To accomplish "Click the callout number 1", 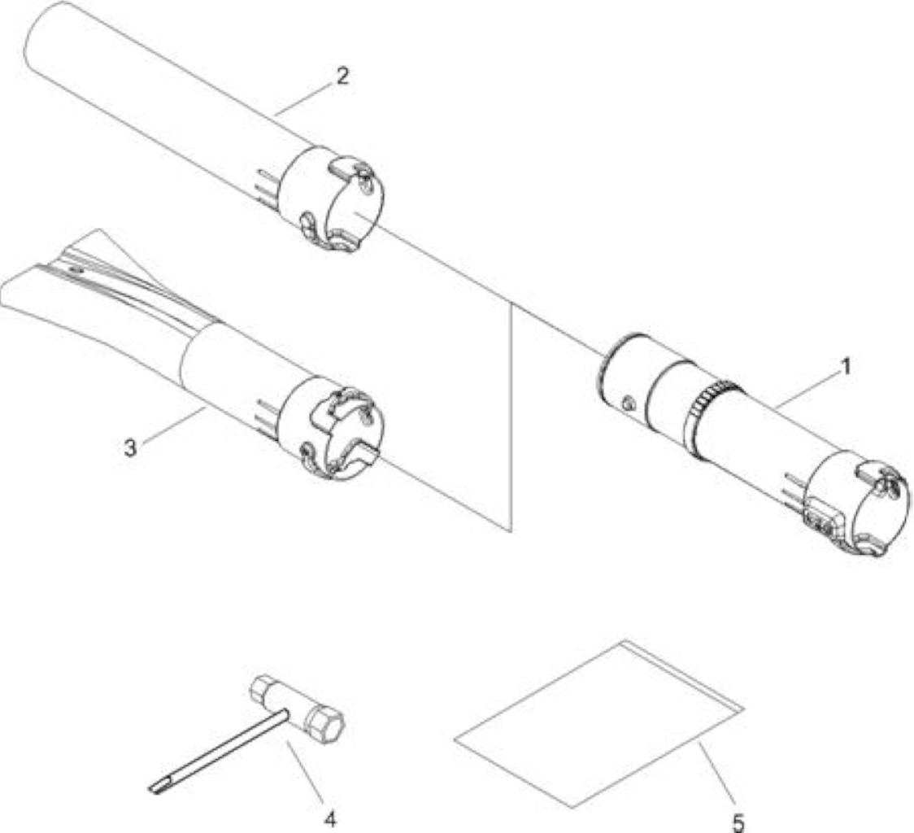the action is (x=846, y=367).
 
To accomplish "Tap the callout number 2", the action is (x=342, y=76).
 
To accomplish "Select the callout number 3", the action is (x=131, y=447).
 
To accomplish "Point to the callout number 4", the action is (x=330, y=819).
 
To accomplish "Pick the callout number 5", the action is (x=738, y=823).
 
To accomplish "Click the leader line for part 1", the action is (x=806, y=390).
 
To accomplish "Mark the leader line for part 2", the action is (x=303, y=98).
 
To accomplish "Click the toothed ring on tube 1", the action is (x=708, y=419).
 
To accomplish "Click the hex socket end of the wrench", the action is (x=324, y=725).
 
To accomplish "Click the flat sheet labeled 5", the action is (x=599, y=723).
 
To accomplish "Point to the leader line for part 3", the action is (x=172, y=425).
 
